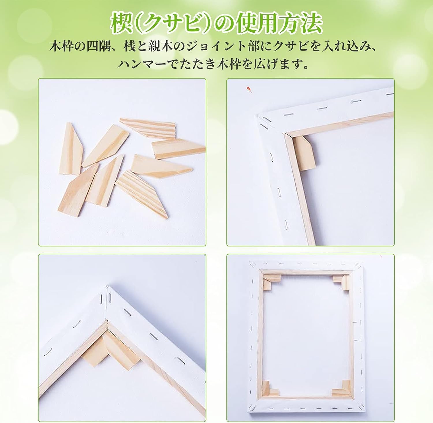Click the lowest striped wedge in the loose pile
click(x=142, y=194)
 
